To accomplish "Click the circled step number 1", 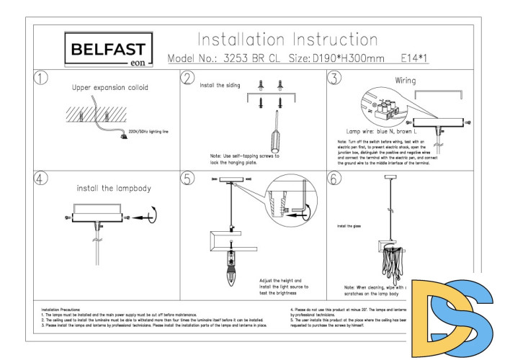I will pos(42,78).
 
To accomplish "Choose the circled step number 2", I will pos(188,78).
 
